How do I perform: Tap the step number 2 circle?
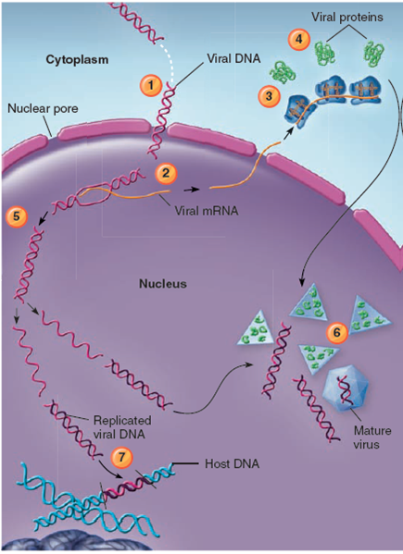[166, 172]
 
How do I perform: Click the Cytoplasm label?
[78, 59]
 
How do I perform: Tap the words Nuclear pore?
[41, 108]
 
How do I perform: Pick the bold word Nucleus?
[162, 284]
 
